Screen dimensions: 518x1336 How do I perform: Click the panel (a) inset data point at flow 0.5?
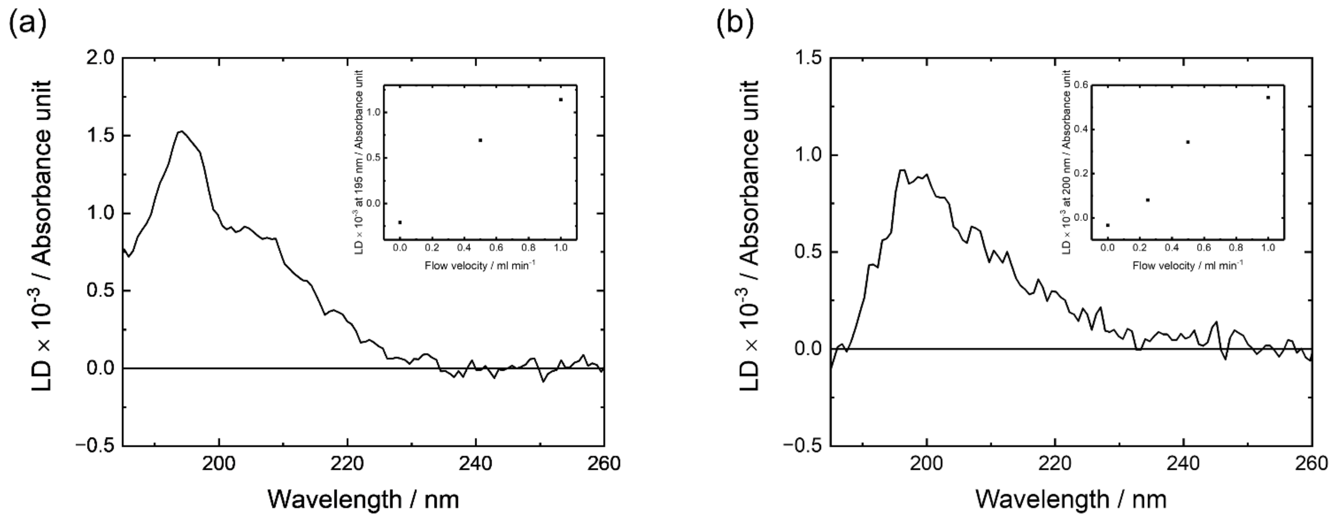(x=480, y=140)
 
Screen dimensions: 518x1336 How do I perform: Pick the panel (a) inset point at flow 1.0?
(x=561, y=99)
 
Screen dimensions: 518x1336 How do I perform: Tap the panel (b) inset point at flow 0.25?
(x=1148, y=200)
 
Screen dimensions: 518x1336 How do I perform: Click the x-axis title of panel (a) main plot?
(x=363, y=499)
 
